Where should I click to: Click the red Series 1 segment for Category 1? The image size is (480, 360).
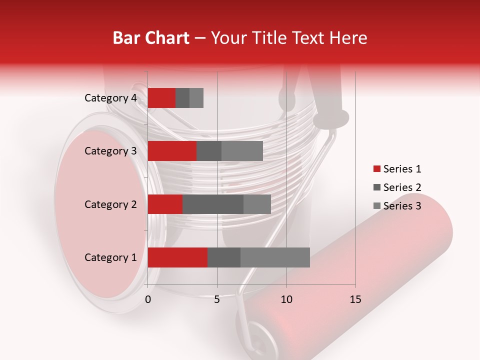click(177, 257)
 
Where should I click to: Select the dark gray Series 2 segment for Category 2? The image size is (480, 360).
click(213, 204)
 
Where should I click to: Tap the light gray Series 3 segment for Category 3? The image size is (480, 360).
click(242, 151)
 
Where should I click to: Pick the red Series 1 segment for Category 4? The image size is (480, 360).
click(161, 98)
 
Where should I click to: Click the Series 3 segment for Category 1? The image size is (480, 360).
click(275, 257)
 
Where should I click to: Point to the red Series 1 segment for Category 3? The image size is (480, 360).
click(172, 151)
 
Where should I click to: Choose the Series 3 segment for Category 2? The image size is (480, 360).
click(257, 204)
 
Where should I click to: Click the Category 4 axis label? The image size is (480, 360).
click(110, 98)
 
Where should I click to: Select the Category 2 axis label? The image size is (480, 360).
click(110, 204)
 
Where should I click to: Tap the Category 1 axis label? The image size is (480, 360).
click(110, 257)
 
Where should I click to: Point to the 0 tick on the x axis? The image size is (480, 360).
click(148, 299)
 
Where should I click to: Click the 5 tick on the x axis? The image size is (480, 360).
click(217, 299)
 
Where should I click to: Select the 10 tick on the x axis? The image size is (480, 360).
click(286, 299)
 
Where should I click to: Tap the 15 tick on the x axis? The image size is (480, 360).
click(355, 299)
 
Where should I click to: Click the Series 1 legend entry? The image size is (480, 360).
click(397, 169)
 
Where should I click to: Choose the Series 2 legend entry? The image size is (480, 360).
click(397, 187)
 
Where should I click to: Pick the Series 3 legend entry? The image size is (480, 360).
click(397, 206)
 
